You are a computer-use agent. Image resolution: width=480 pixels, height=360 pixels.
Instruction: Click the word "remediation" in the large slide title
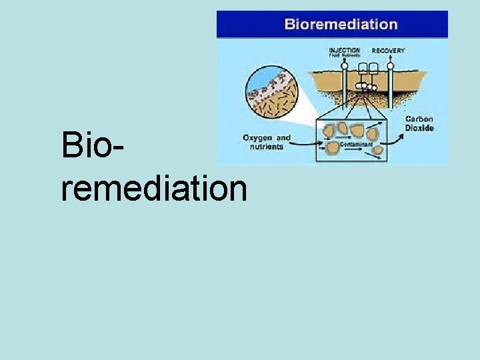tap(154, 188)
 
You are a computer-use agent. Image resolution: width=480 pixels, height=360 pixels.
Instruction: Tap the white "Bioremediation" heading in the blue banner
tap(341, 25)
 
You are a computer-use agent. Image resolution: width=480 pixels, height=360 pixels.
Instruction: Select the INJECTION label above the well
tap(344, 50)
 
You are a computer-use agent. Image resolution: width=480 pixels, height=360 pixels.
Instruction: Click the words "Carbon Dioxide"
tap(419, 123)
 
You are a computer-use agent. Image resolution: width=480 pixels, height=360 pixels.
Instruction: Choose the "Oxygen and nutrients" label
tap(267, 142)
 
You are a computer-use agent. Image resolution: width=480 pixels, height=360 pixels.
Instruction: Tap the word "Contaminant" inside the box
tap(355, 144)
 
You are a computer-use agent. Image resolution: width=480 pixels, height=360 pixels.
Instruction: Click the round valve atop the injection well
tap(345, 66)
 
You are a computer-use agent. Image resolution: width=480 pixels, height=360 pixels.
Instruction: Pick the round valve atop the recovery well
tap(390, 66)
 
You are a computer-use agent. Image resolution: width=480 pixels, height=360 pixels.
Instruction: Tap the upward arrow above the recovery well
tap(390, 59)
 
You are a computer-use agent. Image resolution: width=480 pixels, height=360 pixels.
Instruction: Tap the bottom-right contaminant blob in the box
tap(377, 150)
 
